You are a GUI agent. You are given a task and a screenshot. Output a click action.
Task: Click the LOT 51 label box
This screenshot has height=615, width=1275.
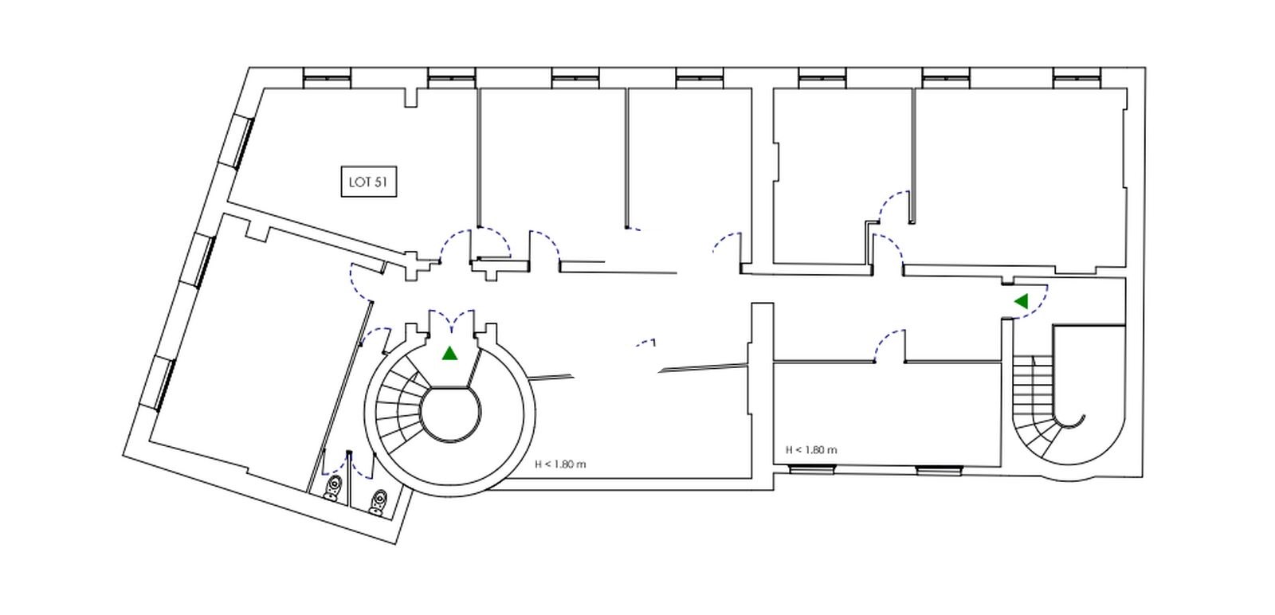(369, 182)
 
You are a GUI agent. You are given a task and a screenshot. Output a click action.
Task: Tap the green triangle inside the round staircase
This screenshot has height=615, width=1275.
(449, 353)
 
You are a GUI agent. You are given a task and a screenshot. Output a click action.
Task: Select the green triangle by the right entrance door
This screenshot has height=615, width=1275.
(1022, 301)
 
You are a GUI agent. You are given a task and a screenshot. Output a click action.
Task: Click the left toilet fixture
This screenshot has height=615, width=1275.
(334, 488)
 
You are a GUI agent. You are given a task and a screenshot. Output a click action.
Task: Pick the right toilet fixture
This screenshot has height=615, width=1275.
(378, 503)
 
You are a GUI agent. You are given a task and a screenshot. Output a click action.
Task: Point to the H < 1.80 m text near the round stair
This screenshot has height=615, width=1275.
(560, 464)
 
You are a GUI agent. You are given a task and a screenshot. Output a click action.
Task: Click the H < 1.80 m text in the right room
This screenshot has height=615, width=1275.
(811, 450)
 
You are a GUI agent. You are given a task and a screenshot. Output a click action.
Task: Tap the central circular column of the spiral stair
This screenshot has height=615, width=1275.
(449, 413)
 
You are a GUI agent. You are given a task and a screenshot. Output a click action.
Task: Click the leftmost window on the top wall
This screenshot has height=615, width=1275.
(327, 78)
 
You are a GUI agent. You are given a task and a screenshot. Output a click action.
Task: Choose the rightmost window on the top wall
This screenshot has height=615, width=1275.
(1077, 78)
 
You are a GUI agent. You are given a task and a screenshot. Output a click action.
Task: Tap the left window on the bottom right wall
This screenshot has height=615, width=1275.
(812, 469)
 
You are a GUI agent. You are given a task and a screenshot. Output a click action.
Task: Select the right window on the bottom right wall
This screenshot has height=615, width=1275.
(940, 471)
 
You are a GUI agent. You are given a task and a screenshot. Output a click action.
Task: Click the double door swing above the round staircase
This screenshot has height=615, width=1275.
(451, 319)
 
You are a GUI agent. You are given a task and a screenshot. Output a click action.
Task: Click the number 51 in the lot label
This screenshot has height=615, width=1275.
(382, 182)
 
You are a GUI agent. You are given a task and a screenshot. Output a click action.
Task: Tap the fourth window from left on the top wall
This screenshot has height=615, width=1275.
(700, 78)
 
